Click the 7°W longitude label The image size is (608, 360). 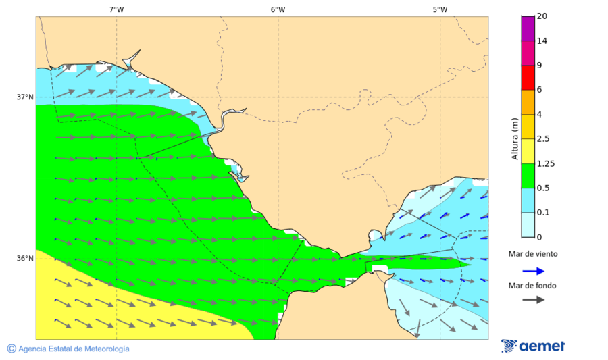[116, 9]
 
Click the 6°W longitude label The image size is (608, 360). [278, 9]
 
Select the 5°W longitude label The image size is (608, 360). [440, 9]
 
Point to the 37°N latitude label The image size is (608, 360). [25, 97]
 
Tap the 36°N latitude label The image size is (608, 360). [25, 259]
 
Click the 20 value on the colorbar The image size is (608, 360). [542, 16]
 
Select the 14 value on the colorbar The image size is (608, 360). [542, 41]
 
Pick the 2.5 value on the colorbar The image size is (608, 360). [542, 139]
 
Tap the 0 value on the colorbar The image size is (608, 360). [539, 237]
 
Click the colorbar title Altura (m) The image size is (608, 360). [515, 138]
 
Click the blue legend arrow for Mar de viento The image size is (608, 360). [533, 271]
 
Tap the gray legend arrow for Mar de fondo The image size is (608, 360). [533, 299]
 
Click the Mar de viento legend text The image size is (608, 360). [533, 254]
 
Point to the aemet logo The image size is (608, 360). [533, 346]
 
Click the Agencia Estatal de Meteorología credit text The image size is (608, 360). [74, 349]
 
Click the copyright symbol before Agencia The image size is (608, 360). [11, 349]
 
